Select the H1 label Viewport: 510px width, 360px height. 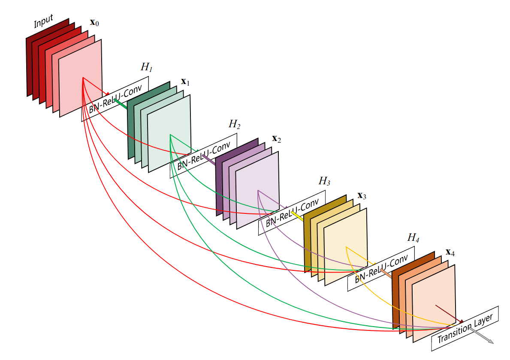146,67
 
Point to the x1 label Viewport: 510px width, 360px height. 185,81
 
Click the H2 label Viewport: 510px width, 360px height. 235,125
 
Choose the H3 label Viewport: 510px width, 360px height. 324,181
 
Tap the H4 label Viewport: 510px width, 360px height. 413,237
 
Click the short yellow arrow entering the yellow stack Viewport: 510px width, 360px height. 297,216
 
